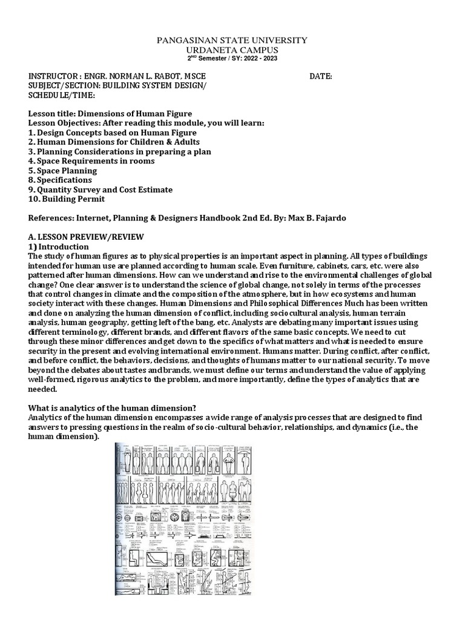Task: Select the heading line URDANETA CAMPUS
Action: pos(232,50)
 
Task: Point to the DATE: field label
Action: pos(320,76)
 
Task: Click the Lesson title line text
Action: pos(110,114)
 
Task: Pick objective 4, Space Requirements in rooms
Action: pos(91,161)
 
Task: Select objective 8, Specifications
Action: pos(61,180)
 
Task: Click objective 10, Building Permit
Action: pos(67,199)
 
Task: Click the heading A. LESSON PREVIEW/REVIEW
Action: pos(87,237)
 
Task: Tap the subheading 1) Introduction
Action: pos(58,246)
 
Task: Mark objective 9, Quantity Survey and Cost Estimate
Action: pos(101,190)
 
